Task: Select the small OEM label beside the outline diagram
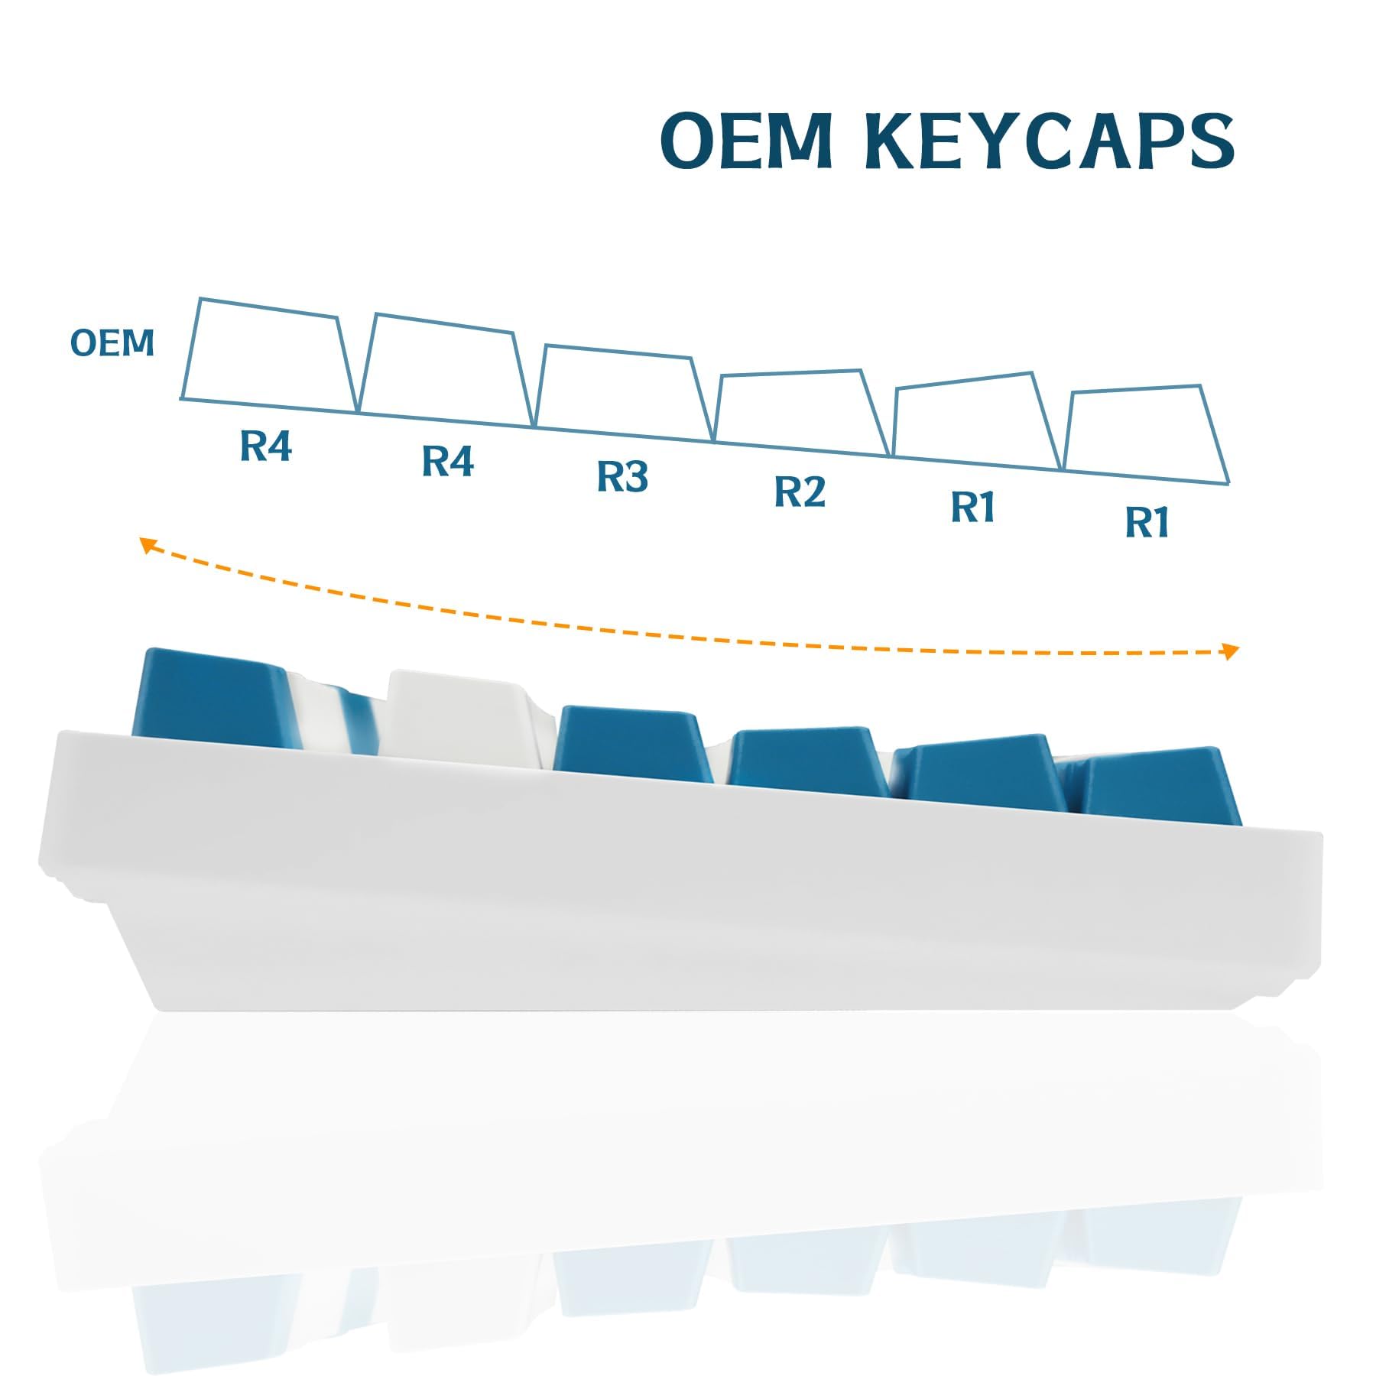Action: (x=112, y=343)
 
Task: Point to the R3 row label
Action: (x=622, y=476)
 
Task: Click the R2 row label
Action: (x=800, y=492)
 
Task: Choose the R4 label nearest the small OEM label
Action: (x=265, y=446)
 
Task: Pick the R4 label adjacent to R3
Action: (x=448, y=461)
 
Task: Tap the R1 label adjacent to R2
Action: (x=973, y=507)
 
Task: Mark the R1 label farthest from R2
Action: (x=1147, y=523)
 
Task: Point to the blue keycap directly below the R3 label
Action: (x=631, y=745)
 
